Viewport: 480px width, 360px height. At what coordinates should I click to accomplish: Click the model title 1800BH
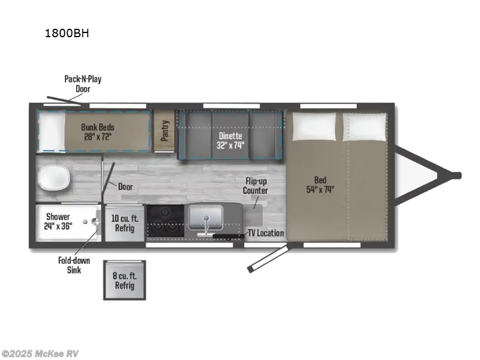pos(67,33)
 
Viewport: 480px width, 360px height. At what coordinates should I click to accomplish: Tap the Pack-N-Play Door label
pos(83,84)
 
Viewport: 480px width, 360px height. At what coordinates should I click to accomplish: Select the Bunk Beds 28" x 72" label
pos(98,132)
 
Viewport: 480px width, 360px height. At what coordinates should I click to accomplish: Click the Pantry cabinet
pos(164,131)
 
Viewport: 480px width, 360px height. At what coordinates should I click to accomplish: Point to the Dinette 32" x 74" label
pos(230,140)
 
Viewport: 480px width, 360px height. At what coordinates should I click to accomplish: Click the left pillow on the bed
pos(314,127)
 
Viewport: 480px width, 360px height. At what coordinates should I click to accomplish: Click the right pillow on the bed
pos(364,127)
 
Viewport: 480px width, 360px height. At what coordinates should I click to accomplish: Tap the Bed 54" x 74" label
pos(320,185)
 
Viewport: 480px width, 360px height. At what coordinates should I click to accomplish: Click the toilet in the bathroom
pos(54,178)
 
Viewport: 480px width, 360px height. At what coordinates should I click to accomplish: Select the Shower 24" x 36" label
pos(58,221)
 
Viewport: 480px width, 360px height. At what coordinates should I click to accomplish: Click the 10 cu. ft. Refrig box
pos(125,223)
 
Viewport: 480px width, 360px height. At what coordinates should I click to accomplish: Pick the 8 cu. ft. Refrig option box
pos(125,280)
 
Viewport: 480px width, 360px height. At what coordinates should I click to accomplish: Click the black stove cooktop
pos(166,221)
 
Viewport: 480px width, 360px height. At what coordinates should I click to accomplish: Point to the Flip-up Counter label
pos(255,186)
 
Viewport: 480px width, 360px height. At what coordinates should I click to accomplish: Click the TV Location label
pos(266,233)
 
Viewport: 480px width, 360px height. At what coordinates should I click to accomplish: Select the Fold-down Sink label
pos(74,265)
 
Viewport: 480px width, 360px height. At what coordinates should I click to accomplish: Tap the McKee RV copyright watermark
pos(40,354)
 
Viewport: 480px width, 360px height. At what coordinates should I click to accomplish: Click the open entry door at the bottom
pos(268,257)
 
